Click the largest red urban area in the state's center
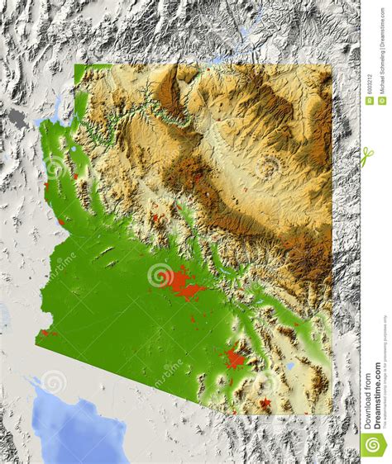[x=184, y=285]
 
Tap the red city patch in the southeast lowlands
[x=235, y=358]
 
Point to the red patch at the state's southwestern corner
[x=47, y=333]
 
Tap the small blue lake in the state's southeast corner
[x=289, y=364]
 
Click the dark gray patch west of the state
[x=17, y=119]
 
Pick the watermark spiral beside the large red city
[x=158, y=273]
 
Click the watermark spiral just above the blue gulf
[x=54, y=381]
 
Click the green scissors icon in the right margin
[x=368, y=157]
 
